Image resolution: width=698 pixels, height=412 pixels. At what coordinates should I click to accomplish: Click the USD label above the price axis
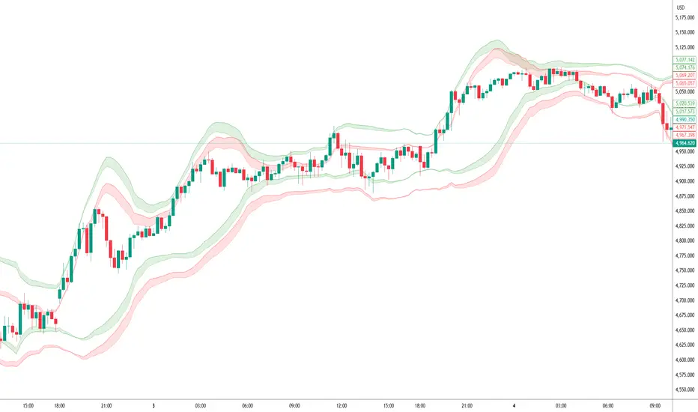pos(679,8)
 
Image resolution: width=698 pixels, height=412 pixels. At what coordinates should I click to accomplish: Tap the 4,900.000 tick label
pos(684,181)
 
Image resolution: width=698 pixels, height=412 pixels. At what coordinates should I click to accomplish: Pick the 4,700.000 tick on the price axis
pos(684,300)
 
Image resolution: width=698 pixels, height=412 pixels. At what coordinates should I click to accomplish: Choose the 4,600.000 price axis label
pos(684,360)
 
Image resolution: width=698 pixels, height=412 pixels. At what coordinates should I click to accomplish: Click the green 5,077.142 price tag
pos(685,59)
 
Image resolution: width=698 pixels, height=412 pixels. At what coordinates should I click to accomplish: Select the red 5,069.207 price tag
pos(685,76)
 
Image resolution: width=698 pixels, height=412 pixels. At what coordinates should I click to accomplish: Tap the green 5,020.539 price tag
pos(685,103)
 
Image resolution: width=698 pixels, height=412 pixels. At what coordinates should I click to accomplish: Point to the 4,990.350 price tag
pos(685,120)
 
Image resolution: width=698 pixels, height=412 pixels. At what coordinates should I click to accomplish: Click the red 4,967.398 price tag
pos(685,135)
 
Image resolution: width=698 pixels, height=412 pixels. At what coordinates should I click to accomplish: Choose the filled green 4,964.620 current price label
pos(685,142)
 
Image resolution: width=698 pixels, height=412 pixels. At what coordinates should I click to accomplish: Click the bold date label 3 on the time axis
pos(154,405)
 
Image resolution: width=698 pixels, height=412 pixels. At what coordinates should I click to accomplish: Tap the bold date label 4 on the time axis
pos(515,405)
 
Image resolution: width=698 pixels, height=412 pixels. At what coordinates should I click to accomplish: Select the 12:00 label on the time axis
pos(341,405)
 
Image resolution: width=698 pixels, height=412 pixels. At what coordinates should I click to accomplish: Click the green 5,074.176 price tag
pos(685,67)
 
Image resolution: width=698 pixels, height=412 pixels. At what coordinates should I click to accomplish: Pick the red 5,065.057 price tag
pos(685,83)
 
